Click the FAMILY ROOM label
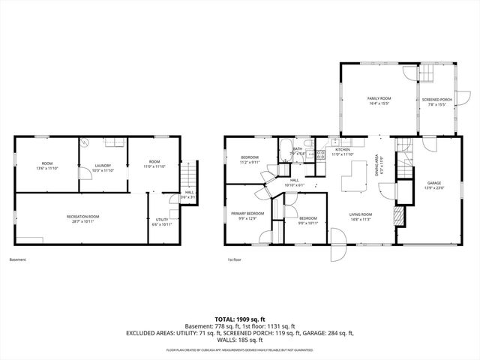[x=379, y=98]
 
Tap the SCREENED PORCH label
[x=436, y=100]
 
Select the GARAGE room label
[x=433, y=182]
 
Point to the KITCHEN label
[x=343, y=150]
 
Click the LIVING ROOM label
[x=361, y=214]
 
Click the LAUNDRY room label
[x=103, y=166]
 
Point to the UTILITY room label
[x=162, y=220]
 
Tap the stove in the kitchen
[x=320, y=155]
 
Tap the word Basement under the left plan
[x=18, y=259]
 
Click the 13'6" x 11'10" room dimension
[x=46, y=168]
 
